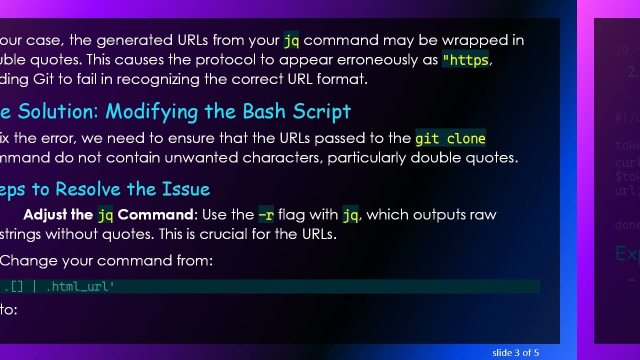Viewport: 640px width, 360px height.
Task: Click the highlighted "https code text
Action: [465, 60]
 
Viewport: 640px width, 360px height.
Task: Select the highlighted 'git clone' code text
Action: [450, 138]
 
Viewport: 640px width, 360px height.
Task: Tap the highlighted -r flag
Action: [266, 215]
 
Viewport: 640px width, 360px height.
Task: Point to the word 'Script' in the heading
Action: [322, 112]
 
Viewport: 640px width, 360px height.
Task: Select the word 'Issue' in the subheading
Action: [186, 189]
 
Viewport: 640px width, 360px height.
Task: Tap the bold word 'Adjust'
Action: [45, 215]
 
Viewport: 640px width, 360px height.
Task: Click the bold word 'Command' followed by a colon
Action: [155, 215]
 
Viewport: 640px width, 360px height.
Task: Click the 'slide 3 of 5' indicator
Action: [515, 353]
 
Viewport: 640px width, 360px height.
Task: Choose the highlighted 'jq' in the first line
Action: [291, 40]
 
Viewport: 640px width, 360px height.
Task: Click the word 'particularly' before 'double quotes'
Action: [366, 158]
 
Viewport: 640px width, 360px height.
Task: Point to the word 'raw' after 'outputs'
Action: [483, 215]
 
